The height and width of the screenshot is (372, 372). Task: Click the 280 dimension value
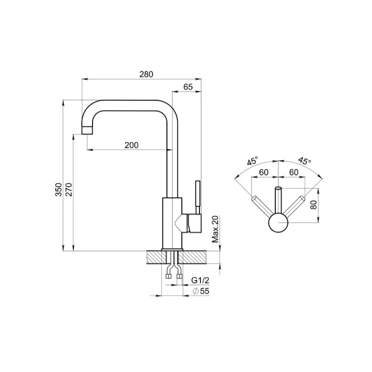point(146,74)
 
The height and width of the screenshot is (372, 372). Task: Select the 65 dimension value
point(188,87)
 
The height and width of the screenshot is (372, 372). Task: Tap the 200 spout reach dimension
point(131,145)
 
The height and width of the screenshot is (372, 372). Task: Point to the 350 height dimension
point(58,189)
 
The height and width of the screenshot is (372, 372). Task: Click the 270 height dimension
point(69,189)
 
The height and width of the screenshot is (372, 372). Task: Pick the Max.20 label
point(215,229)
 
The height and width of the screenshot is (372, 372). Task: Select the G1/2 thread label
point(200,281)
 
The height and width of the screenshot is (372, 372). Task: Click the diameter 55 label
point(201,291)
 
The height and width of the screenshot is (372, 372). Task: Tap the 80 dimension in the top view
point(314,205)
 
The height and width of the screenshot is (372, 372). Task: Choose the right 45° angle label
point(305,161)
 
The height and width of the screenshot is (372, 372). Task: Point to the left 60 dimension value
point(263,172)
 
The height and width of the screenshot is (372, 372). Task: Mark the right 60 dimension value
point(293,172)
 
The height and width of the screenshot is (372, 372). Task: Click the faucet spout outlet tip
point(87,130)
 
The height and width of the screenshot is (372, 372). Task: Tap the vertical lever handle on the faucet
point(198,197)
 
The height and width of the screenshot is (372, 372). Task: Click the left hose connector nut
point(168,276)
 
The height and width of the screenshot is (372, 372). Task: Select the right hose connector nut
point(180,276)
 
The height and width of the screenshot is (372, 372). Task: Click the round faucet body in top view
point(278,223)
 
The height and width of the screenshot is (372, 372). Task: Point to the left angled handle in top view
point(262,206)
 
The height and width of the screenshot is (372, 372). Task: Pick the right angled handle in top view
point(294,206)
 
